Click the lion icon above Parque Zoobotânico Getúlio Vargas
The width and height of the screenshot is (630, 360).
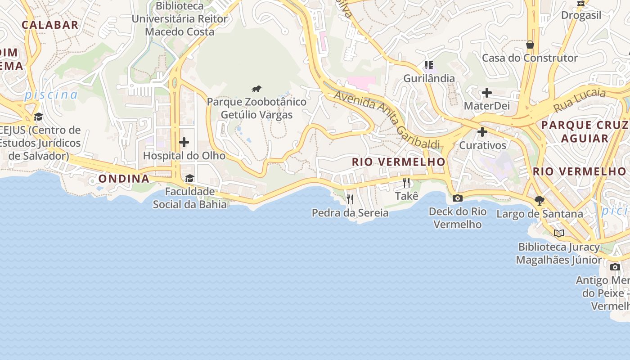pos(256,89)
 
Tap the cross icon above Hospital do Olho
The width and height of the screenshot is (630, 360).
pos(184,142)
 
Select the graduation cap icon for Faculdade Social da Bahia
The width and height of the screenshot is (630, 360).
pos(189,178)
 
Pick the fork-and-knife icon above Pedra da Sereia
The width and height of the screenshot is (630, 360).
pos(350,199)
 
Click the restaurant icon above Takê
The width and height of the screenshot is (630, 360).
pos(407,182)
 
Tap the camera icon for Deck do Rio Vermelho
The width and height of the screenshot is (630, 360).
pos(457,198)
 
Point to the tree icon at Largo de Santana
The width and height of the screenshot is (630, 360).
pos(540,200)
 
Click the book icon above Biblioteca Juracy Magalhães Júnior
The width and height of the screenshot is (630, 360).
pos(559,233)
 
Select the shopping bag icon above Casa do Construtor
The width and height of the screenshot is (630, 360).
pos(530,45)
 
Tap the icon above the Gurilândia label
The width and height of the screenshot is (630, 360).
pos(429,65)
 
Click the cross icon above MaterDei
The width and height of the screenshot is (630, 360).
pos(486,93)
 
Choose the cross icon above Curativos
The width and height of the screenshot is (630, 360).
pos(482,132)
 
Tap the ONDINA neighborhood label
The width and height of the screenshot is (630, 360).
pos(124,179)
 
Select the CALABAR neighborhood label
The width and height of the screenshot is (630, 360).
pos(50,25)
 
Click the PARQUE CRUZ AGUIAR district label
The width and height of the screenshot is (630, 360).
pos(585,131)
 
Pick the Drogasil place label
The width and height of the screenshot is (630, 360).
pos(581,15)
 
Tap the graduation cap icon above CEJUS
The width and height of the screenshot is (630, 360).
pos(38,117)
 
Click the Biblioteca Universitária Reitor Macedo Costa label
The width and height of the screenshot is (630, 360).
pos(180,19)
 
